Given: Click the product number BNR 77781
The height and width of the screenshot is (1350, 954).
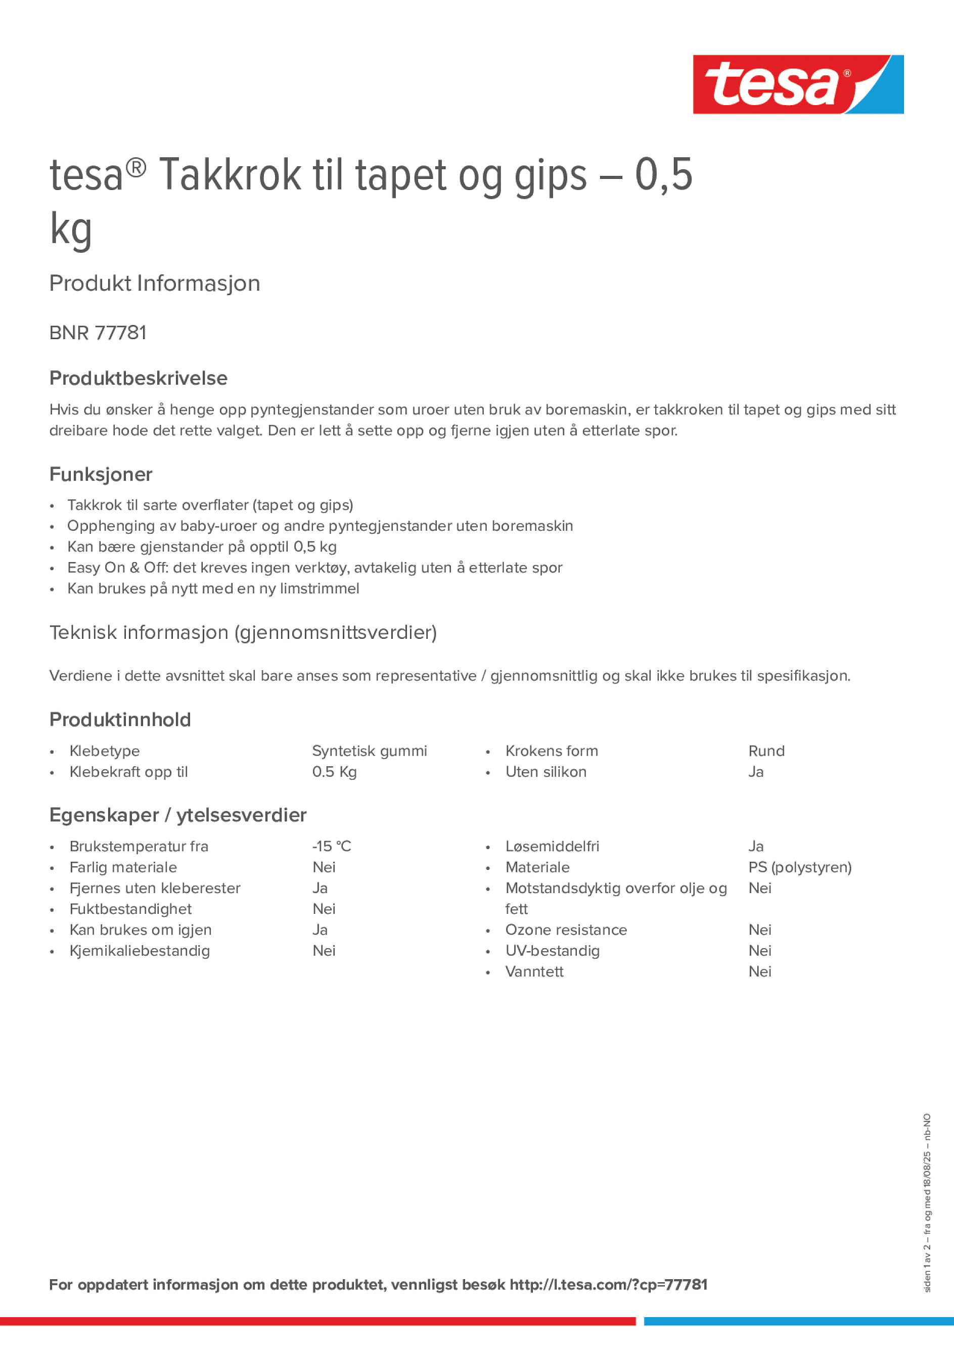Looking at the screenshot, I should [98, 333].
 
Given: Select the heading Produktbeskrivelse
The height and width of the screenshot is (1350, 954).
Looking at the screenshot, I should [138, 378].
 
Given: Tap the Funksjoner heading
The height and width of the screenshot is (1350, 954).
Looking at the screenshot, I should [101, 475].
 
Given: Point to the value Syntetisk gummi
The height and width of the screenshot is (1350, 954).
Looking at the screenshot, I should [370, 751].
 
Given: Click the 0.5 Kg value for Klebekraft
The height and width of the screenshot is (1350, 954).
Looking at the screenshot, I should [334, 772].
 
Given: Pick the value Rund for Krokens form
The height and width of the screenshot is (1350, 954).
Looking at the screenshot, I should [766, 751].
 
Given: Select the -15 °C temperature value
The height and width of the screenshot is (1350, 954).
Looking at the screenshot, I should [331, 846].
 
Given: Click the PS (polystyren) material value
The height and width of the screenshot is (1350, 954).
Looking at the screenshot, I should [799, 867].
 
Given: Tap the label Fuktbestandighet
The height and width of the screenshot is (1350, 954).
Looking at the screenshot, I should [130, 909].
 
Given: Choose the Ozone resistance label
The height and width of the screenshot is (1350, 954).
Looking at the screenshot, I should [566, 929].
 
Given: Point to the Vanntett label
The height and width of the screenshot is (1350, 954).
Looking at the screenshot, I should [534, 971].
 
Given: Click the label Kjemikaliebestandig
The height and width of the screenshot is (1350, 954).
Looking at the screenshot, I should [140, 951].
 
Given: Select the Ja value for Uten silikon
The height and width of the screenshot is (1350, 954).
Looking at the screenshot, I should [755, 772].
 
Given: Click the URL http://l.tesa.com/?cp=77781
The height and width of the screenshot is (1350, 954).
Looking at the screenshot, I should [608, 1285].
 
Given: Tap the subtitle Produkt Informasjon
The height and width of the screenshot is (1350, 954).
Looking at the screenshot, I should [155, 284].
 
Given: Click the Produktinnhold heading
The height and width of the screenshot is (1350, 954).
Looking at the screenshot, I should [120, 720].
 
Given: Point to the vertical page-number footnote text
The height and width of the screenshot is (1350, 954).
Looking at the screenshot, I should [927, 1202].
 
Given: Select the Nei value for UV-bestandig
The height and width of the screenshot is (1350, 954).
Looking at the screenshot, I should [759, 951].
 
